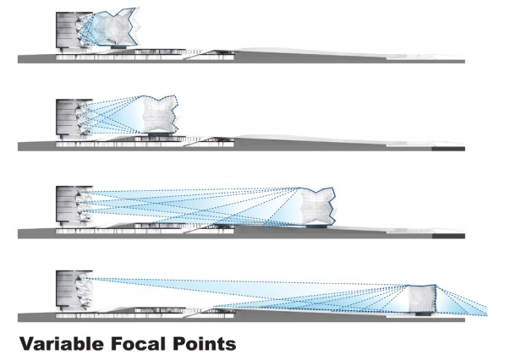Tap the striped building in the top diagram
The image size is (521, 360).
click(x=67, y=31)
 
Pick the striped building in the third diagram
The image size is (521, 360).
click(x=67, y=206)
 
